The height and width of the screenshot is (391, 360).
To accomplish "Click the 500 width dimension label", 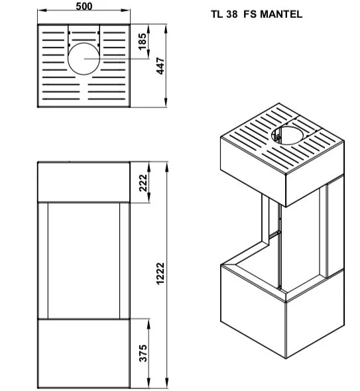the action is click(84, 6).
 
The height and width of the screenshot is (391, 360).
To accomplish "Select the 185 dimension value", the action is click(142, 41).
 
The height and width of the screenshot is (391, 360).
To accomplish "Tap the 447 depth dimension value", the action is click(160, 66).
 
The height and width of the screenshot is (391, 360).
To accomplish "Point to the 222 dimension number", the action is click(143, 183).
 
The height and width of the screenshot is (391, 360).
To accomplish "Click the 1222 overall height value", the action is click(160, 274).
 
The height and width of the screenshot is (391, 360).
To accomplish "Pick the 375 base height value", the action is click(143, 353).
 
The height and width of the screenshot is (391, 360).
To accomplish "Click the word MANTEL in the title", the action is click(281, 14).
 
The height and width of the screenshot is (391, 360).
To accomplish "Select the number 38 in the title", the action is click(232, 14).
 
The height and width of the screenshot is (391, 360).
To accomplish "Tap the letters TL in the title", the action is click(217, 14).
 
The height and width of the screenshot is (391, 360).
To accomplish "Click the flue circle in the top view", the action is click(84, 43).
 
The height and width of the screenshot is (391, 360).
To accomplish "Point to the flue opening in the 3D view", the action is click(287, 127).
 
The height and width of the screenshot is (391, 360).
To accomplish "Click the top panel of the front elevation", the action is click(84, 182).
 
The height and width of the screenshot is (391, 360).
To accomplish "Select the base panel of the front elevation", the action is click(84, 353).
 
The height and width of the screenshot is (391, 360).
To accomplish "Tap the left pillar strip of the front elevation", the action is click(43, 260).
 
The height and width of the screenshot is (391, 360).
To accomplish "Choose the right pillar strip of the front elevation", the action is click(125, 260).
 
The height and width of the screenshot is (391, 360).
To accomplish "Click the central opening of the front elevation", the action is click(84, 260).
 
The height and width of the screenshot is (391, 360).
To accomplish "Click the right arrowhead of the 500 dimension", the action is click(125, 10).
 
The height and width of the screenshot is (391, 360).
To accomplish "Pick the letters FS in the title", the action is click(250, 14).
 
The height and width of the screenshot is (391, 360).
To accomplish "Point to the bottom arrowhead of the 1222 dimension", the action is click(167, 383).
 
